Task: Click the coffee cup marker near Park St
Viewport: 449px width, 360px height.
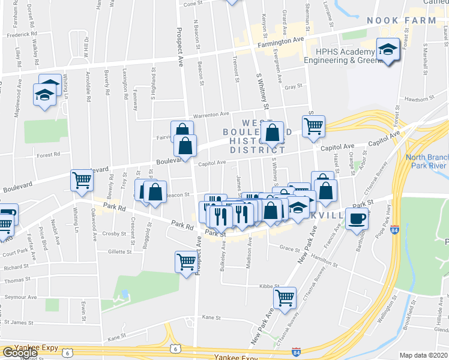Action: coord(357,220)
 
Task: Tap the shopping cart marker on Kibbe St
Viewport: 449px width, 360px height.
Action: coord(285,296)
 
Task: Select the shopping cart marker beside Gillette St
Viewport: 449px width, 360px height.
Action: coord(186,261)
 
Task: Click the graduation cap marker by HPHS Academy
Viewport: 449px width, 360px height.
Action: coord(388,49)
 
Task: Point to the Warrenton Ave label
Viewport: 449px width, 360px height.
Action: coord(211,115)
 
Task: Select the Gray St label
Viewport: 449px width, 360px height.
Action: coord(293,87)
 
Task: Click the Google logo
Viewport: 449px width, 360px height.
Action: coord(20,352)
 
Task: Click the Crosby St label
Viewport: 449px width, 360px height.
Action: coord(113,234)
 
